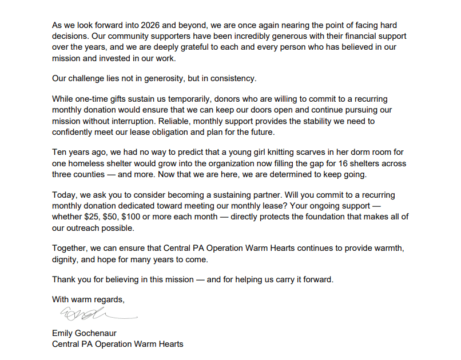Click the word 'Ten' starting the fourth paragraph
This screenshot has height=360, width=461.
[59, 153]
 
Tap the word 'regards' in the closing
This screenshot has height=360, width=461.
[107, 299]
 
